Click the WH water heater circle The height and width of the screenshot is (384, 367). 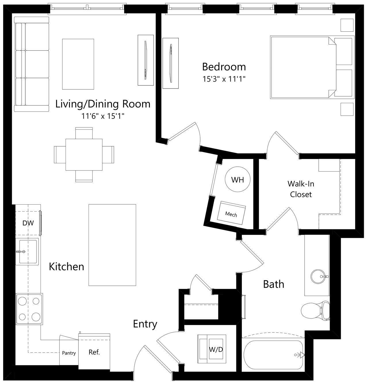(238, 179)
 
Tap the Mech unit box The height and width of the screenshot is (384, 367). (231, 213)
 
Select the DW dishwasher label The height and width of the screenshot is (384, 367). (28, 223)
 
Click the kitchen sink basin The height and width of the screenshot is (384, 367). (28, 251)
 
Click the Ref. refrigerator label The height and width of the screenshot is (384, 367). (94, 352)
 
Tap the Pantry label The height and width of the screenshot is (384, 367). (69, 353)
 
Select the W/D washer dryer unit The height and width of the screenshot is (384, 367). (212, 349)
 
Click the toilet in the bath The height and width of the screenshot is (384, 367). (316, 311)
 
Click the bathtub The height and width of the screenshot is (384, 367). (274, 354)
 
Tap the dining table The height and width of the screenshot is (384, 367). (84, 155)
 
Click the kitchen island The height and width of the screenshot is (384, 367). (112, 245)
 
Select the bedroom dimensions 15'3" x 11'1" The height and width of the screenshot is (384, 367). (224, 79)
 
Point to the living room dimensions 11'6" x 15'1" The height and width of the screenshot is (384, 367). (103, 116)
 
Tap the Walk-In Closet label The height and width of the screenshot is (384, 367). (301, 189)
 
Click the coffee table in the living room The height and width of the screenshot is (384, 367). (78, 64)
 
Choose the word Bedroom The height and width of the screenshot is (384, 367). (224, 67)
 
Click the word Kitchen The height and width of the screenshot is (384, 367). (66, 267)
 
